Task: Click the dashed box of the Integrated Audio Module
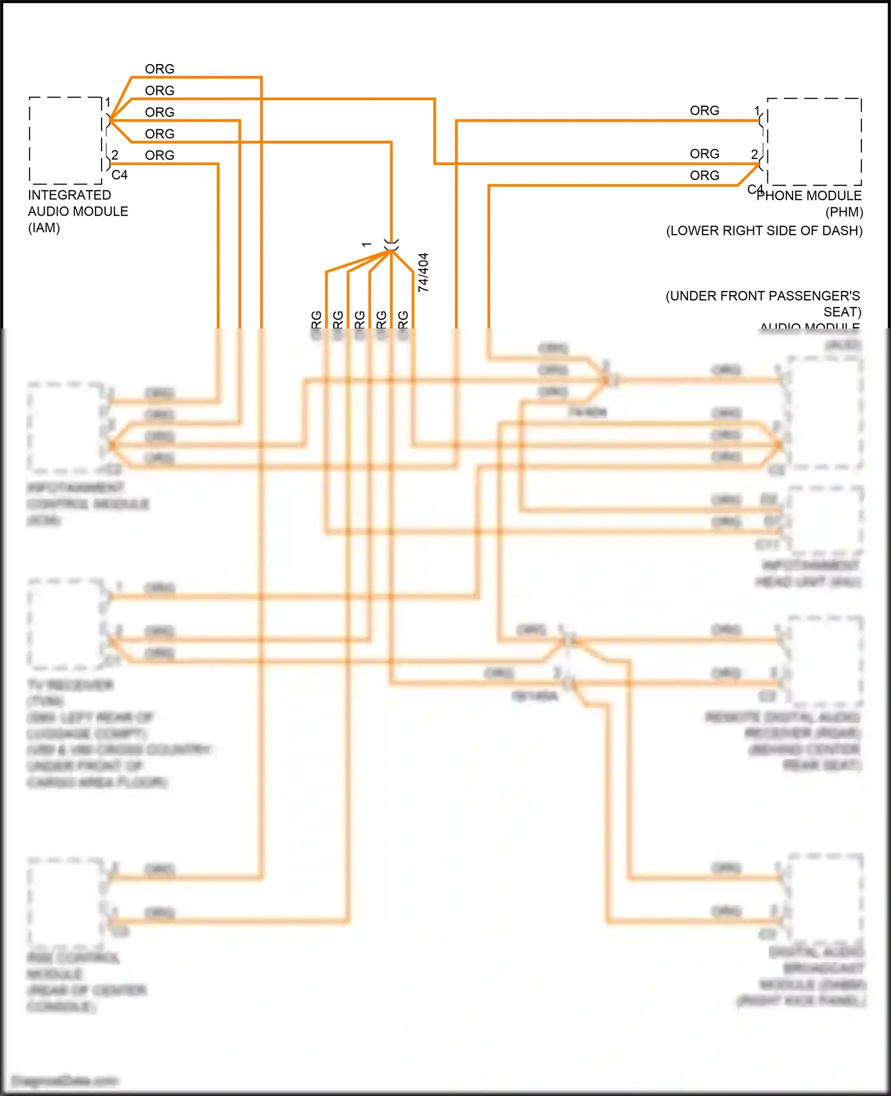(65, 141)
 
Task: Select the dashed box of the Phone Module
(814, 142)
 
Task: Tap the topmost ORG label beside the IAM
(160, 69)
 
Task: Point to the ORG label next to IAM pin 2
(160, 156)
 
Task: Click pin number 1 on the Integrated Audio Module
(108, 103)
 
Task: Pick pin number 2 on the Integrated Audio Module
(115, 156)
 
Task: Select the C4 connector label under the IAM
(119, 175)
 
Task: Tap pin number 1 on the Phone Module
(757, 111)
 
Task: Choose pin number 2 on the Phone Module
(754, 154)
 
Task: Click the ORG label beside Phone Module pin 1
(704, 111)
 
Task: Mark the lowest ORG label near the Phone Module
(704, 176)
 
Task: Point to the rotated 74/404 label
(423, 273)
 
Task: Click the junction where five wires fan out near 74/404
(391, 251)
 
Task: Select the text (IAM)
(44, 228)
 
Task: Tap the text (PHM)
(844, 212)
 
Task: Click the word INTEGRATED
(69, 195)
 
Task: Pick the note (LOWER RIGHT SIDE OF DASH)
(764, 231)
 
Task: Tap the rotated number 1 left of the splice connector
(367, 245)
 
